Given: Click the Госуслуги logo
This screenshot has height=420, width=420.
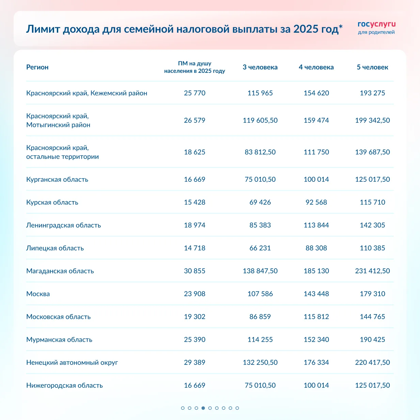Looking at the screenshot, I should coord(376,28).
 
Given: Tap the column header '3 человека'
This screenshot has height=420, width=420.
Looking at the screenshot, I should coord(260,67).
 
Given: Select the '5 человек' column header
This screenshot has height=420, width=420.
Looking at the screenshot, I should coord(372,67).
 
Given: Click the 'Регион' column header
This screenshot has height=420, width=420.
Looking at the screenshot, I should coord(37,67).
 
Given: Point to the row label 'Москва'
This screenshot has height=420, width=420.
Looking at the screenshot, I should coord(38,294).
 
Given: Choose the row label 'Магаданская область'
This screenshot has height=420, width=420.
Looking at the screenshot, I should coord(60,271).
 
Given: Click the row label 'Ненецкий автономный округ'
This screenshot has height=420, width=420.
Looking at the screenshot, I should coord(72,362).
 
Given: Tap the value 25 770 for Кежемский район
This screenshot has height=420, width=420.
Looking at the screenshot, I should coord(195,93).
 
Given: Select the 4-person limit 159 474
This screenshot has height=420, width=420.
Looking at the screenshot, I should coord(316,120).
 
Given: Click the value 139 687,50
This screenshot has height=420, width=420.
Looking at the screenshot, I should coord(372,152).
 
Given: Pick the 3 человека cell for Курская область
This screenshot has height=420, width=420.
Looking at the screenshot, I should coord(260,203).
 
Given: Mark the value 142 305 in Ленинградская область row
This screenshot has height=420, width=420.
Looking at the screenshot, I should coord(372,225).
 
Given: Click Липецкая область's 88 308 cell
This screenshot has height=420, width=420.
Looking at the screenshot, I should coord(316,248).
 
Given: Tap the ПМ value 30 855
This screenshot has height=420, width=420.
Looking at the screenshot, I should coord(195,271).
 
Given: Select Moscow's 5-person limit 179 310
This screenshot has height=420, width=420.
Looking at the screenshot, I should coord(372,294).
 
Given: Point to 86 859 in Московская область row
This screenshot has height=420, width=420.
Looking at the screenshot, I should coord(260,317).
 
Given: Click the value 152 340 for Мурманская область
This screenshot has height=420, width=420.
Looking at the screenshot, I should coord(316,340).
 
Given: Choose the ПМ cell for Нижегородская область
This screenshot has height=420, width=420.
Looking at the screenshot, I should coord(195,386).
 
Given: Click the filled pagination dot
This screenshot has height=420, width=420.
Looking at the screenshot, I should coord(203,408).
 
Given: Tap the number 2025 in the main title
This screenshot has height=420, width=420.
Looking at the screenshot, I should coord(306,29).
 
